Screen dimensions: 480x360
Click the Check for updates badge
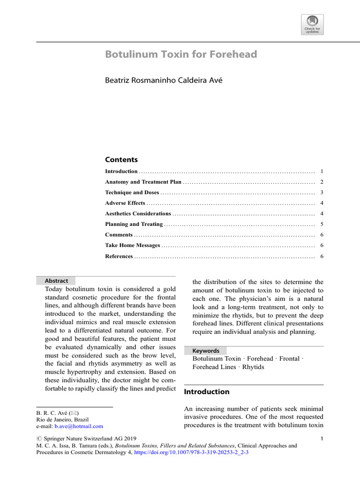[x=312, y=24]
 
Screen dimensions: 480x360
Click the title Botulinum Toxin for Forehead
[x=181, y=54]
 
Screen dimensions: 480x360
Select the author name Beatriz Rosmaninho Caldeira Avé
[x=163, y=81]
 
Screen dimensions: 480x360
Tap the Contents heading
[x=121, y=159]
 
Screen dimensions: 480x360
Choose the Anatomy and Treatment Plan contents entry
[x=143, y=182]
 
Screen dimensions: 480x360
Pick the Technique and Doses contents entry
[x=132, y=193]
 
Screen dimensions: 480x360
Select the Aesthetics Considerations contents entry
[x=138, y=214]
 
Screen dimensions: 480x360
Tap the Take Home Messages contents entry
[x=132, y=245]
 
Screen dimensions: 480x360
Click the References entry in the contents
[x=119, y=256]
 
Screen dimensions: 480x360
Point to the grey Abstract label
[x=56, y=281]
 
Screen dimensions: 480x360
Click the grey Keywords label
[x=206, y=351]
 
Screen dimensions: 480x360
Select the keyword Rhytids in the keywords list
[x=253, y=367]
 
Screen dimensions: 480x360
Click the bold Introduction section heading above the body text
[x=206, y=392]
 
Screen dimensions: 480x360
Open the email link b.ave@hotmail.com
[x=79, y=427]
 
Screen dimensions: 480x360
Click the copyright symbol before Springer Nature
[x=39, y=439]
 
